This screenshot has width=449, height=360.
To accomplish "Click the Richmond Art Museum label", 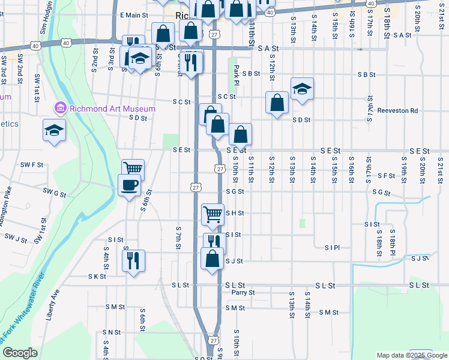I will [112, 109].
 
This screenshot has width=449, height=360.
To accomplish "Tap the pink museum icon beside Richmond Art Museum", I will [60, 109].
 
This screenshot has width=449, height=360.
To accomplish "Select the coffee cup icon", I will [129, 185].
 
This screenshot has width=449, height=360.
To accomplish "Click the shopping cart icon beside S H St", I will [212, 213].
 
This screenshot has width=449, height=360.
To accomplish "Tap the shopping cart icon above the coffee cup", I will [133, 169].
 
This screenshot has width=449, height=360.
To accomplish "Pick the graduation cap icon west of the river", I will [54, 130].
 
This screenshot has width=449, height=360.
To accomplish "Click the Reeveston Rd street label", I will [397, 110].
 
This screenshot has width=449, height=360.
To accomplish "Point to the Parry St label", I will [243, 293].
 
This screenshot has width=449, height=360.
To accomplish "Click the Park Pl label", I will [237, 71].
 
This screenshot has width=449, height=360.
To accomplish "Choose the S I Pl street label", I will [332, 247].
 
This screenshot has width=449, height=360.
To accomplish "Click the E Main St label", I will [134, 15].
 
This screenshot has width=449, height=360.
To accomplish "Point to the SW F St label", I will [32, 164].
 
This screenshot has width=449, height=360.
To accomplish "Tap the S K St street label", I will [97, 277].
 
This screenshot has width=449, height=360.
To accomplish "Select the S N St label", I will [112, 332].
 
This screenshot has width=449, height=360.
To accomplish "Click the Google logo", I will [20, 353].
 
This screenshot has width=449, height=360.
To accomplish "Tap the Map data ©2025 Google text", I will [412, 355].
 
